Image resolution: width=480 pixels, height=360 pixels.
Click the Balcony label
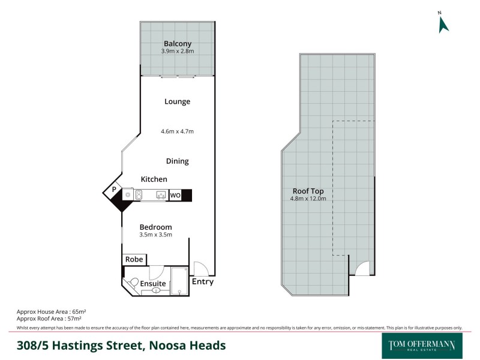[x=178, y=43]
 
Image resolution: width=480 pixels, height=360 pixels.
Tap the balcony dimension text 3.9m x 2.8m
[x=178, y=52]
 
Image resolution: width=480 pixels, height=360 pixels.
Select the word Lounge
[x=177, y=101]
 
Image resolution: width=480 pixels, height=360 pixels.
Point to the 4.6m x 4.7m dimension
[x=177, y=131]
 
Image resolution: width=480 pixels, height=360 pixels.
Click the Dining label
[x=177, y=161]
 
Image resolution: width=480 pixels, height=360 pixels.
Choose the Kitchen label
[x=154, y=179]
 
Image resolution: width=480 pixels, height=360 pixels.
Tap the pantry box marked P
[x=113, y=190]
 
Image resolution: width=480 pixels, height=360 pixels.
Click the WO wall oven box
[x=175, y=195]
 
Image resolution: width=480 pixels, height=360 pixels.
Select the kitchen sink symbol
[x=161, y=195]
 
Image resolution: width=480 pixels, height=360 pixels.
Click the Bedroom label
[x=155, y=227]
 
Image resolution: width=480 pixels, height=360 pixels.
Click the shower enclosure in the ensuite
[x=179, y=281]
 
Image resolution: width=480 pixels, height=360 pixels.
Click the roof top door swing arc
[x=362, y=269]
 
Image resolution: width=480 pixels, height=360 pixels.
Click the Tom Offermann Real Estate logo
[x=422, y=345]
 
